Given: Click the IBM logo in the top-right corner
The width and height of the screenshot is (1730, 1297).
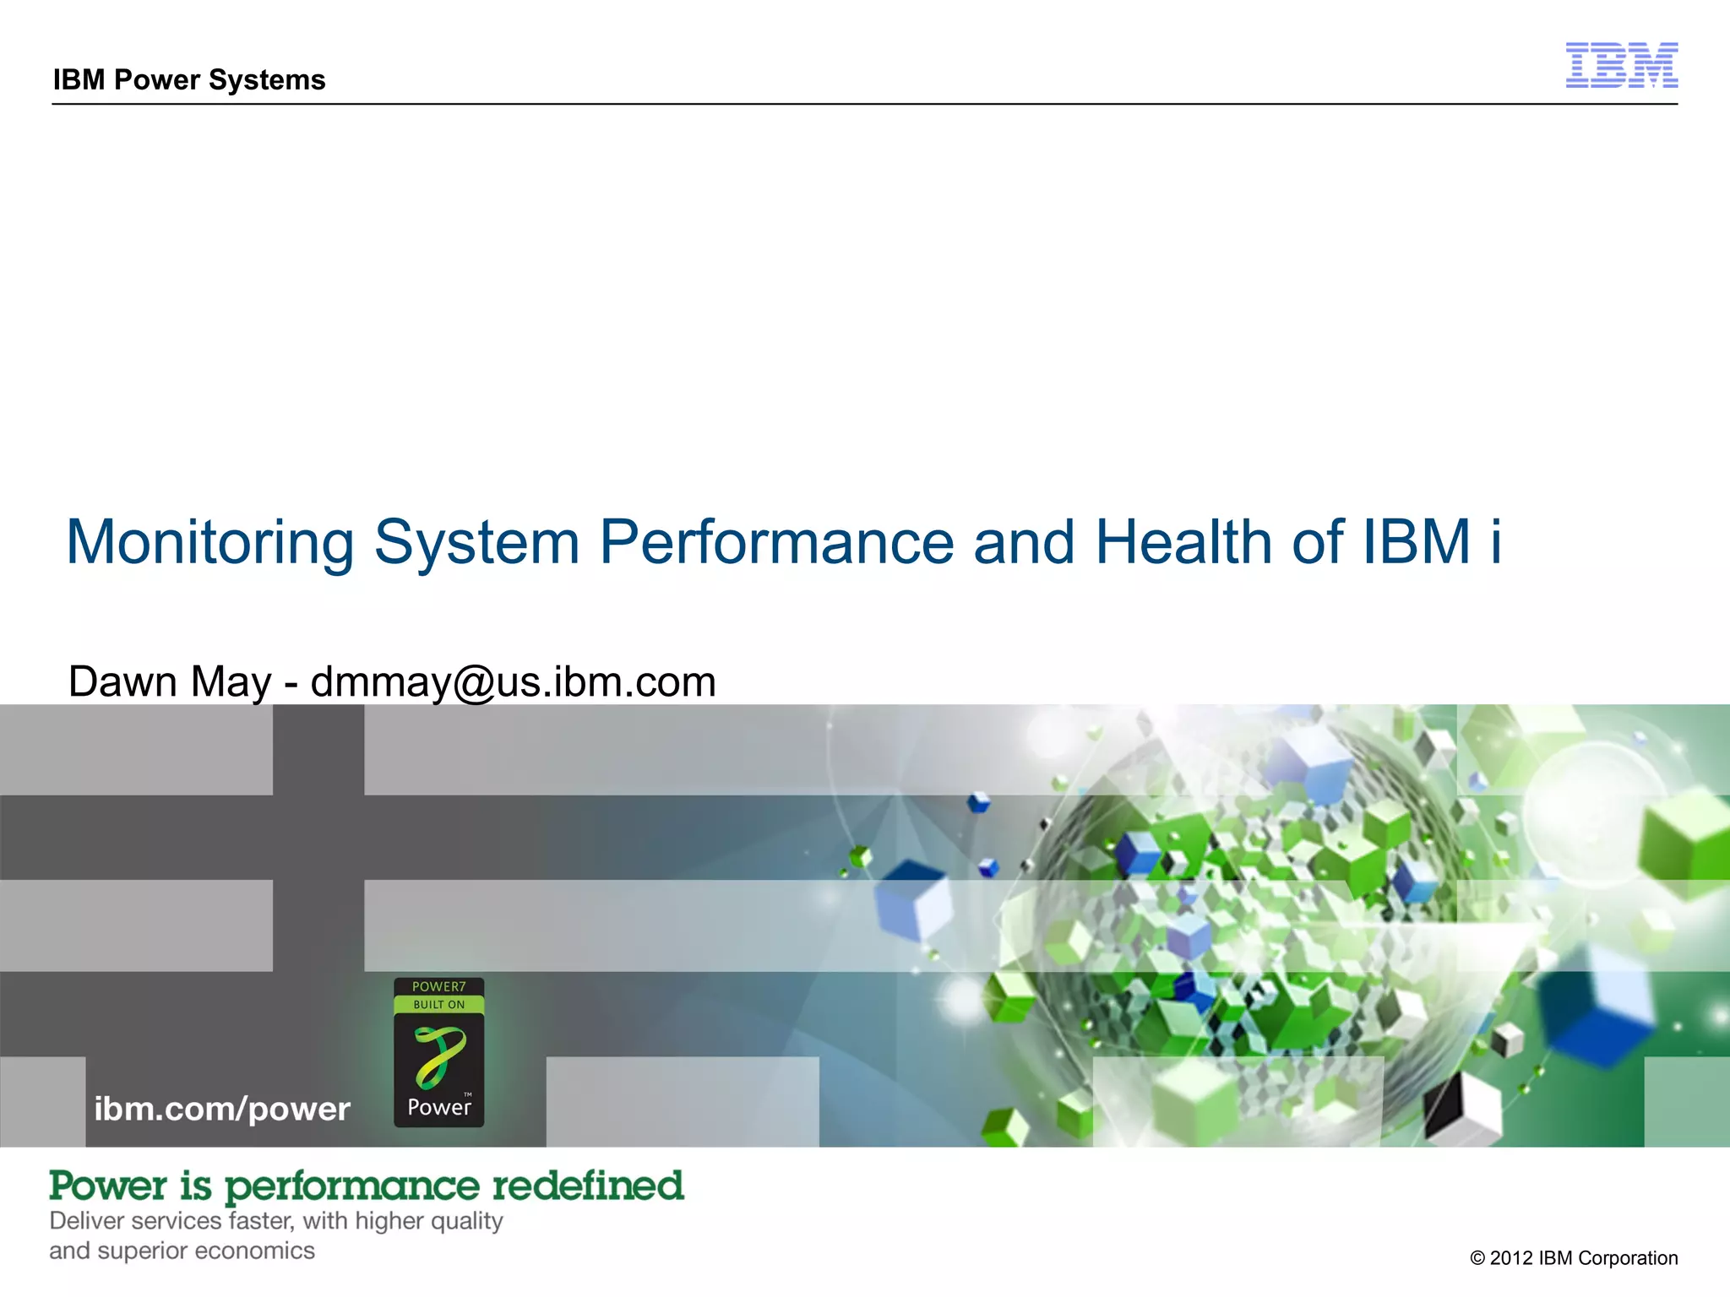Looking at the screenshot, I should pyautogui.click(x=1621, y=65).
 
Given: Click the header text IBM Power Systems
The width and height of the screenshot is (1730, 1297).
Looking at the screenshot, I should pyautogui.click(x=189, y=79).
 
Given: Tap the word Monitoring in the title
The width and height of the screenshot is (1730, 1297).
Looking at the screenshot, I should pyautogui.click(x=210, y=542).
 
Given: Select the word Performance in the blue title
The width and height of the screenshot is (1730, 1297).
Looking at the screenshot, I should pyautogui.click(x=776, y=542).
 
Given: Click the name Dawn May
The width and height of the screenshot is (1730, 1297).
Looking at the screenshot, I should pyautogui.click(x=170, y=681).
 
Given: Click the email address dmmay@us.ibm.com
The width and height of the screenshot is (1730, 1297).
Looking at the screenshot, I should pyautogui.click(x=514, y=682).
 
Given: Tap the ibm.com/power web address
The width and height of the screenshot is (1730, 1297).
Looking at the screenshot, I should pyautogui.click(x=222, y=1109).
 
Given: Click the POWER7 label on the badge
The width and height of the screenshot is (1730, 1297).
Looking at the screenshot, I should pyautogui.click(x=438, y=986).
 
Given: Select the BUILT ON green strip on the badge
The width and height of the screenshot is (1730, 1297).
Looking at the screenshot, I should pyautogui.click(x=438, y=1005).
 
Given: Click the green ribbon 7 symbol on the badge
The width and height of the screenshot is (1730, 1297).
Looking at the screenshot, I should pyautogui.click(x=438, y=1056).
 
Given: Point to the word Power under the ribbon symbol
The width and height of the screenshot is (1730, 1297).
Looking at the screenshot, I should pyautogui.click(x=438, y=1107).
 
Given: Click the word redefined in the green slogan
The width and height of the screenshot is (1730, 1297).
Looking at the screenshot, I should pyautogui.click(x=588, y=1186).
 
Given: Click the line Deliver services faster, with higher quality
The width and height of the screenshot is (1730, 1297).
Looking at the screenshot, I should pyautogui.click(x=276, y=1221).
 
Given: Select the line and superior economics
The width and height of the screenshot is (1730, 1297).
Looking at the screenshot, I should pyautogui.click(x=182, y=1251).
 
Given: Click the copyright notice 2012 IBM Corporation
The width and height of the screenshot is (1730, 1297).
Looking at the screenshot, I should pyautogui.click(x=1574, y=1258).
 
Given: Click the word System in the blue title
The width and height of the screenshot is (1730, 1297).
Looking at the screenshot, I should pyautogui.click(x=477, y=542).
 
